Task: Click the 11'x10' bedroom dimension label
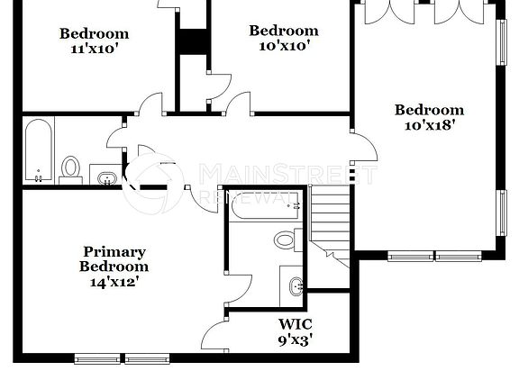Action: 95,50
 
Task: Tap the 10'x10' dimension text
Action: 284,46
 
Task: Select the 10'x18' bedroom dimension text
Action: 430,126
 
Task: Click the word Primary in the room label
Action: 114,252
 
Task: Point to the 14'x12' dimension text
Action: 114,281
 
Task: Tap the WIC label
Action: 295,324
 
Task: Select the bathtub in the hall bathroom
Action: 38,149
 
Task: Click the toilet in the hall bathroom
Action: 71,168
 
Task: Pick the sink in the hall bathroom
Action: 105,176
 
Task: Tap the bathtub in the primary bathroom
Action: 267,206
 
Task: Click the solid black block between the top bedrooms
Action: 190,42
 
